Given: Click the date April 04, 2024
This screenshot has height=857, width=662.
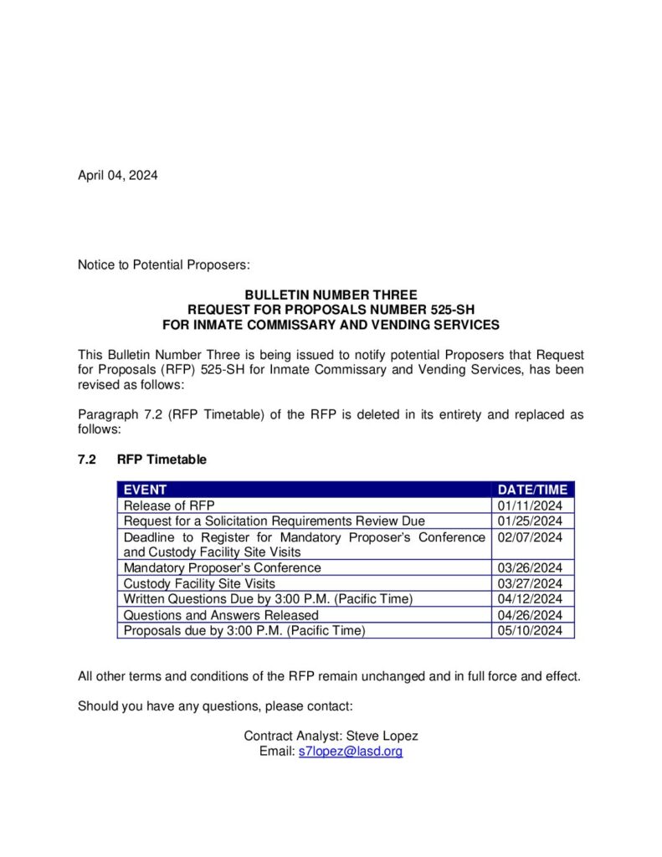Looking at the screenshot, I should point(117,175).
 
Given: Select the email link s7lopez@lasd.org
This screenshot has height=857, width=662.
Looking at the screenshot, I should point(351,752).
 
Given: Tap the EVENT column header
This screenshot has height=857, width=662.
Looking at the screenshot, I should point(145,490).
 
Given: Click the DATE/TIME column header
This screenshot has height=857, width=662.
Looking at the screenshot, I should point(532,490).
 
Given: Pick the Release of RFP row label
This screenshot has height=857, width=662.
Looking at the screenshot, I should point(169,505).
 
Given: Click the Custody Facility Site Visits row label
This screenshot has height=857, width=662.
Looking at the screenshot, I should point(199,583).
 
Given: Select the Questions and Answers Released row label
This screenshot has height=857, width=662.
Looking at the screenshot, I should point(221,614).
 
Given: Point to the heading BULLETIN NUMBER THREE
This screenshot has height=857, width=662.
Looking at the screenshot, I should point(331,295).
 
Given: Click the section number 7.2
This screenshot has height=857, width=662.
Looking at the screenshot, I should point(87,459).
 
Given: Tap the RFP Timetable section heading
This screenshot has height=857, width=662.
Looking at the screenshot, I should point(162,459).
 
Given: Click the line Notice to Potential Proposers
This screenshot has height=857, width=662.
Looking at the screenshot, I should point(164,265).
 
